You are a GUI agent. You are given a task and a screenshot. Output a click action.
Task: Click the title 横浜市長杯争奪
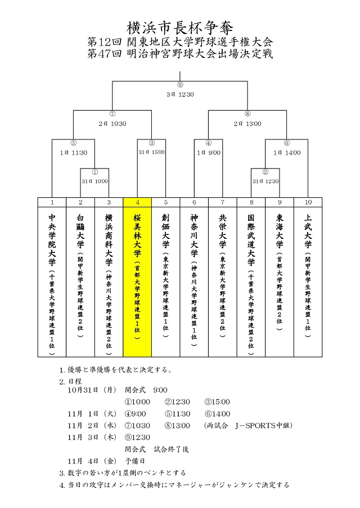pyautogui.click(x=179, y=28)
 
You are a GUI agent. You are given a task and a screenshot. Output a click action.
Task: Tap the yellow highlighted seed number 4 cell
pyautogui.click(x=137, y=202)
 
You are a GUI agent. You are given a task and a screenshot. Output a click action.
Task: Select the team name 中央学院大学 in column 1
pyautogui.click(x=52, y=240)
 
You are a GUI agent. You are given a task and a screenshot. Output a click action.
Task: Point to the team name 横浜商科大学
pyautogui.click(x=109, y=240)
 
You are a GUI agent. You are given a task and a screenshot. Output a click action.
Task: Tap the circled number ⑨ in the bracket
pyautogui.click(x=180, y=85)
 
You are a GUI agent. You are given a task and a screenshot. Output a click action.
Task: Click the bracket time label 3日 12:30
pyautogui.click(x=180, y=94)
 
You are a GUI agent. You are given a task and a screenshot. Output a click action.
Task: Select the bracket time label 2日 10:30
pyautogui.click(x=112, y=124)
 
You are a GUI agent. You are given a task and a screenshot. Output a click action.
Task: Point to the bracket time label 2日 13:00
pyautogui.click(x=247, y=124)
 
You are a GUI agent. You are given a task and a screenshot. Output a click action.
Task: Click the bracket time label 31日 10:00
pyautogui.click(x=94, y=182)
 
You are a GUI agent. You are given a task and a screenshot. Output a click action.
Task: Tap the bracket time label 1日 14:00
pyautogui.click(x=287, y=153)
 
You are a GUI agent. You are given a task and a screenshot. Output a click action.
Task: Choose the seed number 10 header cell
pyautogui.click(x=308, y=202)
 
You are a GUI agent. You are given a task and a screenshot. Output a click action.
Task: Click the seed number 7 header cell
pyautogui.click(x=223, y=202)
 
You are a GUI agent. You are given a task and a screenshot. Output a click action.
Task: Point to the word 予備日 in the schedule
pyautogui.click(x=135, y=461)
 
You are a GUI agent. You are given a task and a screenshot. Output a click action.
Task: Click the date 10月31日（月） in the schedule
pyautogui.click(x=92, y=390)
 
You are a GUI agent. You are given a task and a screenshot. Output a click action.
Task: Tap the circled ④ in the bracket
pyautogui.click(x=209, y=143)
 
